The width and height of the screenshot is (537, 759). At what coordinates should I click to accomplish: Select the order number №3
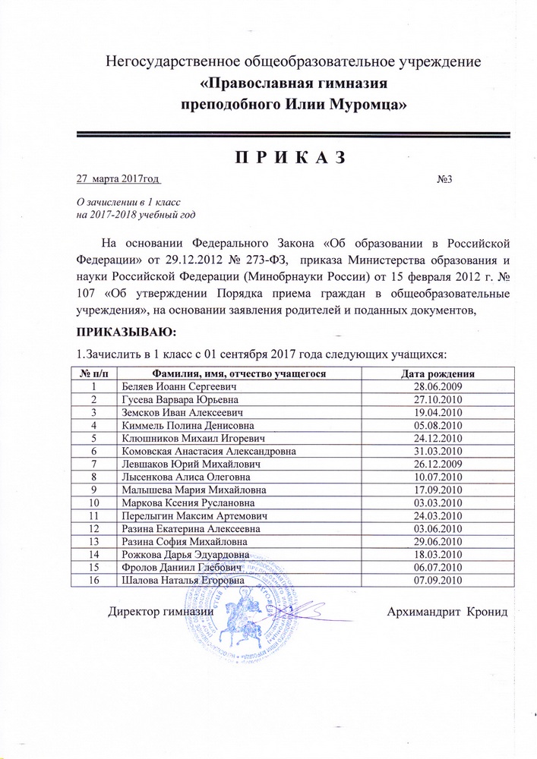coord(445,180)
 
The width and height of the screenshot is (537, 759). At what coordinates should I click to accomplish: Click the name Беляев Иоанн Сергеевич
coord(172,386)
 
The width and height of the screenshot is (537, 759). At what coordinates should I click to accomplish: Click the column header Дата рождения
coord(437,373)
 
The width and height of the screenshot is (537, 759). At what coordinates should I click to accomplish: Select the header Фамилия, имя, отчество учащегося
coord(239,373)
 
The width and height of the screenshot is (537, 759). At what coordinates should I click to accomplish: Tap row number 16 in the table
coord(94,580)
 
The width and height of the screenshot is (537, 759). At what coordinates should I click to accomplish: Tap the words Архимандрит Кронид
coord(445,613)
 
